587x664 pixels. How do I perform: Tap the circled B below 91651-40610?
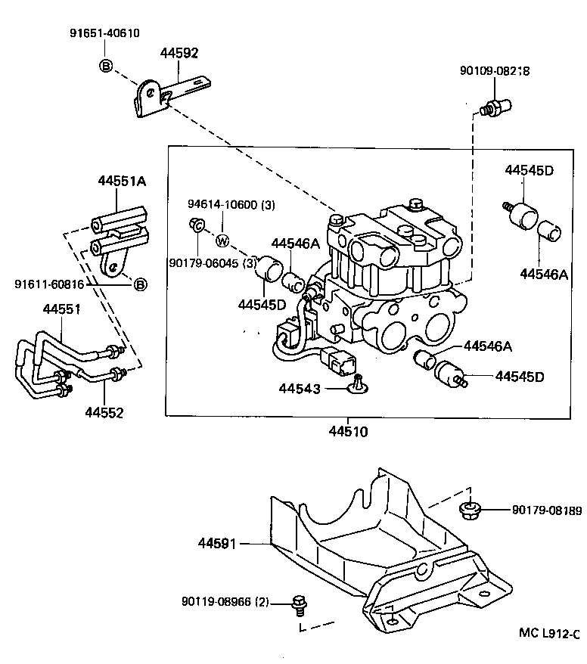[106, 67]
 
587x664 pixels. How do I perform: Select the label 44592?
[179, 53]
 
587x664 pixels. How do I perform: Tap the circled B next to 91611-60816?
[140, 284]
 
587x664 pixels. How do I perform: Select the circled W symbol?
[222, 241]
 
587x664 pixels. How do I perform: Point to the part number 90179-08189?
[542, 511]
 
